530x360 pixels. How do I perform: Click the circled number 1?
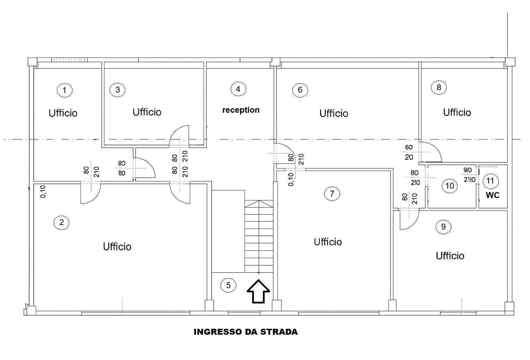pyautogui.click(x=65, y=90)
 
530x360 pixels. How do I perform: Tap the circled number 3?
pyautogui.click(x=118, y=89)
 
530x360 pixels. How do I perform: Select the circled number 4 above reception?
pyautogui.click(x=238, y=89)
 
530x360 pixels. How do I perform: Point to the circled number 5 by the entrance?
pyautogui.click(x=228, y=285)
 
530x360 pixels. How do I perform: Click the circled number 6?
pyautogui.click(x=300, y=89)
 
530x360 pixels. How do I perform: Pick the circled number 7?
pyautogui.click(x=332, y=194)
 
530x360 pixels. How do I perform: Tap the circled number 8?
pyautogui.click(x=439, y=87)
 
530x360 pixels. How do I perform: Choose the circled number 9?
pyautogui.click(x=443, y=226)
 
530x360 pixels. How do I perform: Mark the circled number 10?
pyautogui.click(x=450, y=186)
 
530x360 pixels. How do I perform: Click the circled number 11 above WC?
pyautogui.click(x=490, y=181)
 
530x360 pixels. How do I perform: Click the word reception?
pyautogui.click(x=241, y=110)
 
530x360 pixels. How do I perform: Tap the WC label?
pyautogui.click(x=493, y=195)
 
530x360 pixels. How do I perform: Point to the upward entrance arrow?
pyautogui.click(x=258, y=291)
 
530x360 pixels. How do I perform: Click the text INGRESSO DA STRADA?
pyautogui.click(x=246, y=332)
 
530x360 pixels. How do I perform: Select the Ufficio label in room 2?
pyautogui.click(x=117, y=247)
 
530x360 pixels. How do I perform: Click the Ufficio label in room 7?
pyautogui.click(x=328, y=242)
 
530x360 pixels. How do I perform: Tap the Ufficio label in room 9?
pyautogui.click(x=450, y=256)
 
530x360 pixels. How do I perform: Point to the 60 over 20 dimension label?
pyautogui.click(x=409, y=152)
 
